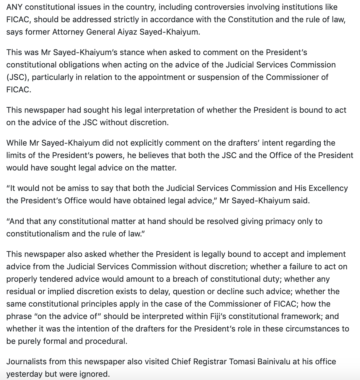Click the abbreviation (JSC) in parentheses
coord(17,77)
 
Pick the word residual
coord(20,292)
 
